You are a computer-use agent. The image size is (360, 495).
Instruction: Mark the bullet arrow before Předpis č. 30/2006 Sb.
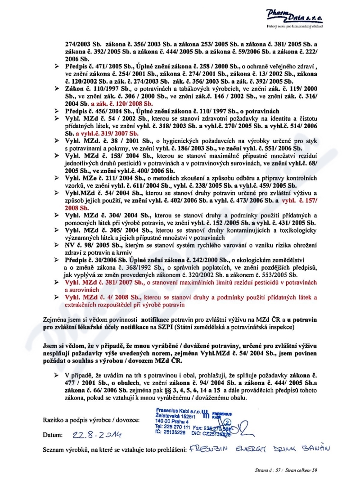click(57, 261)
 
